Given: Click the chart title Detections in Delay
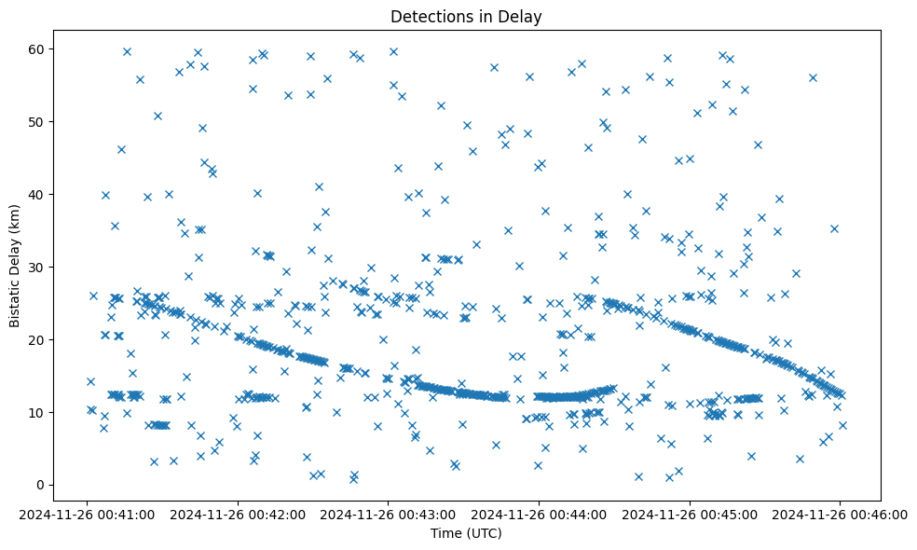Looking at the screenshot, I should [466, 17].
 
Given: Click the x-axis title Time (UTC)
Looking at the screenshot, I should [466, 533].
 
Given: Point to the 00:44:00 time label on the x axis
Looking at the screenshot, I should [539, 514].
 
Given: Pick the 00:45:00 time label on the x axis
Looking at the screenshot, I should [690, 514].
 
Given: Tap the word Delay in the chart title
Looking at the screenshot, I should [523, 17].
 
